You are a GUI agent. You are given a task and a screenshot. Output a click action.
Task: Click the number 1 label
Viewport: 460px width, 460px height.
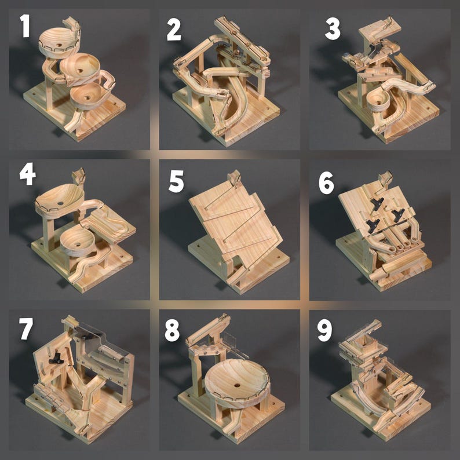[24, 27]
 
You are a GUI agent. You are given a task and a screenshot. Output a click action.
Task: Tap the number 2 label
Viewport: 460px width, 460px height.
[174, 29]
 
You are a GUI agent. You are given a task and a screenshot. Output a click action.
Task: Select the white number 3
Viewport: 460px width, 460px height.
[332, 28]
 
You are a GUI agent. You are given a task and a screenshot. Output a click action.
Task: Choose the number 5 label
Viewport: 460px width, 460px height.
[176, 181]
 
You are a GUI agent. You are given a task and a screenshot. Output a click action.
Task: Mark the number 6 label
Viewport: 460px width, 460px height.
[326, 182]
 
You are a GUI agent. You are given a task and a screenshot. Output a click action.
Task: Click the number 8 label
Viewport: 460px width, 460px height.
[172, 331]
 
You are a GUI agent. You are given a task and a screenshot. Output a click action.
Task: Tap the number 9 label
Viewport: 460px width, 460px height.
[324, 330]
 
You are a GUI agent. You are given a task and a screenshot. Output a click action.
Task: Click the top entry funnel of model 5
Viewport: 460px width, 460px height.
[235, 177]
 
